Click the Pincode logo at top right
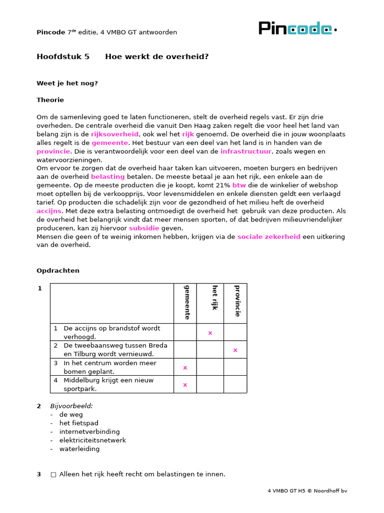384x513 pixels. (x=297, y=29)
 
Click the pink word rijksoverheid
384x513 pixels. (x=114, y=134)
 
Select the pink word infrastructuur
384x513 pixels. (x=245, y=151)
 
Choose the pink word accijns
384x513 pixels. (x=48, y=211)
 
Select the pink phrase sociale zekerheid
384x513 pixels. (x=268, y=236)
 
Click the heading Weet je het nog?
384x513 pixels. (x=67, y=83)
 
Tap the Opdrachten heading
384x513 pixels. (x=57, y=271)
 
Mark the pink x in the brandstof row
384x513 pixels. (x=210, y=333)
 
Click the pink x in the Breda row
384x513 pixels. (x=235, y=350)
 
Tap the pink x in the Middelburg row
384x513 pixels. (x=185, y=385)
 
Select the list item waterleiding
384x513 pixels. (x=79, y=449)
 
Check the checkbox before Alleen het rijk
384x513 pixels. (x=53, y=474)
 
